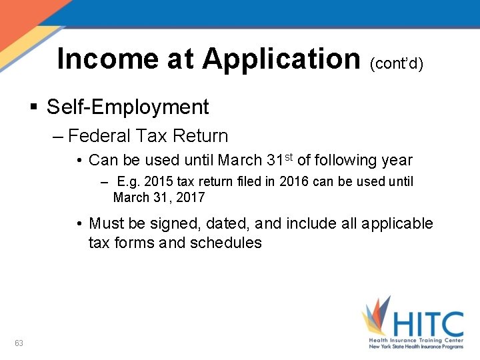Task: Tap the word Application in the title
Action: tap(281, 59)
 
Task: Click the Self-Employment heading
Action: tap(128, 107)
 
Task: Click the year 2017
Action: tap(191, 197)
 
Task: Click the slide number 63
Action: tap(19, 343)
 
